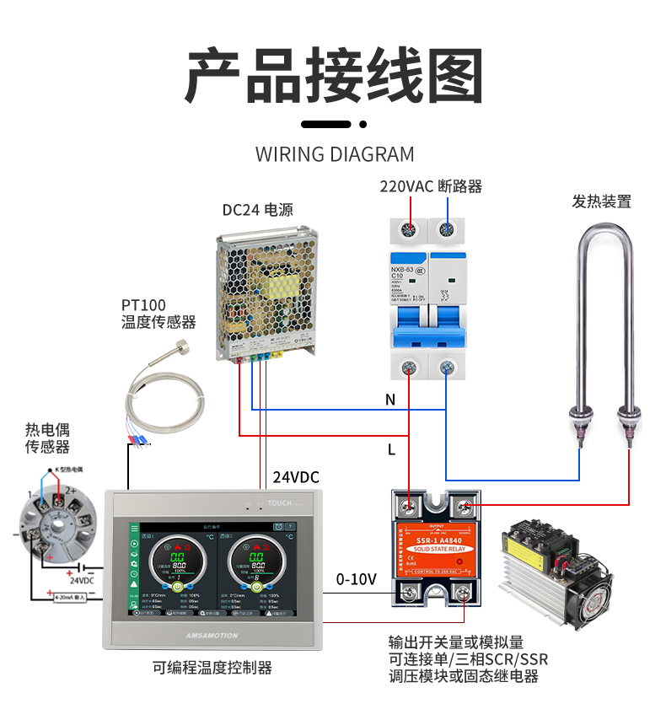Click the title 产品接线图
click(333, 77)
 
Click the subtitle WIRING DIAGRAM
click(334, 154)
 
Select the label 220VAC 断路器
click(430, 186)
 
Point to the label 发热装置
click(601, 201)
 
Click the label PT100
click(143, 305)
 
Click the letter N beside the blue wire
click(389, 400)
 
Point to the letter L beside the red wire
click(391, 450)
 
